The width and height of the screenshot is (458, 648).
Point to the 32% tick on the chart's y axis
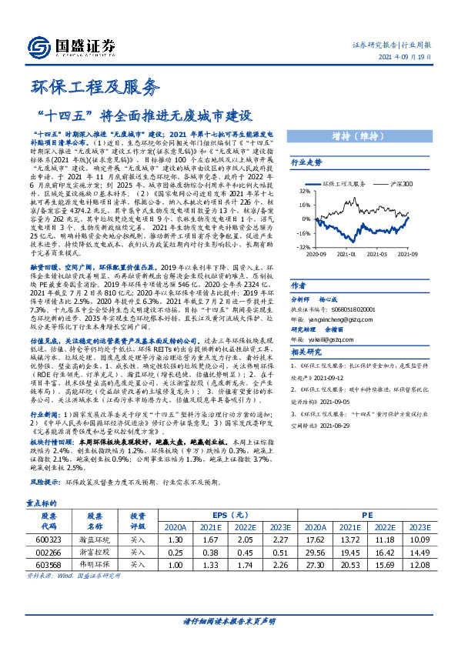pos(305,191)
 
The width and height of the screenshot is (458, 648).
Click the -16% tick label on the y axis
pos(303,232)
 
